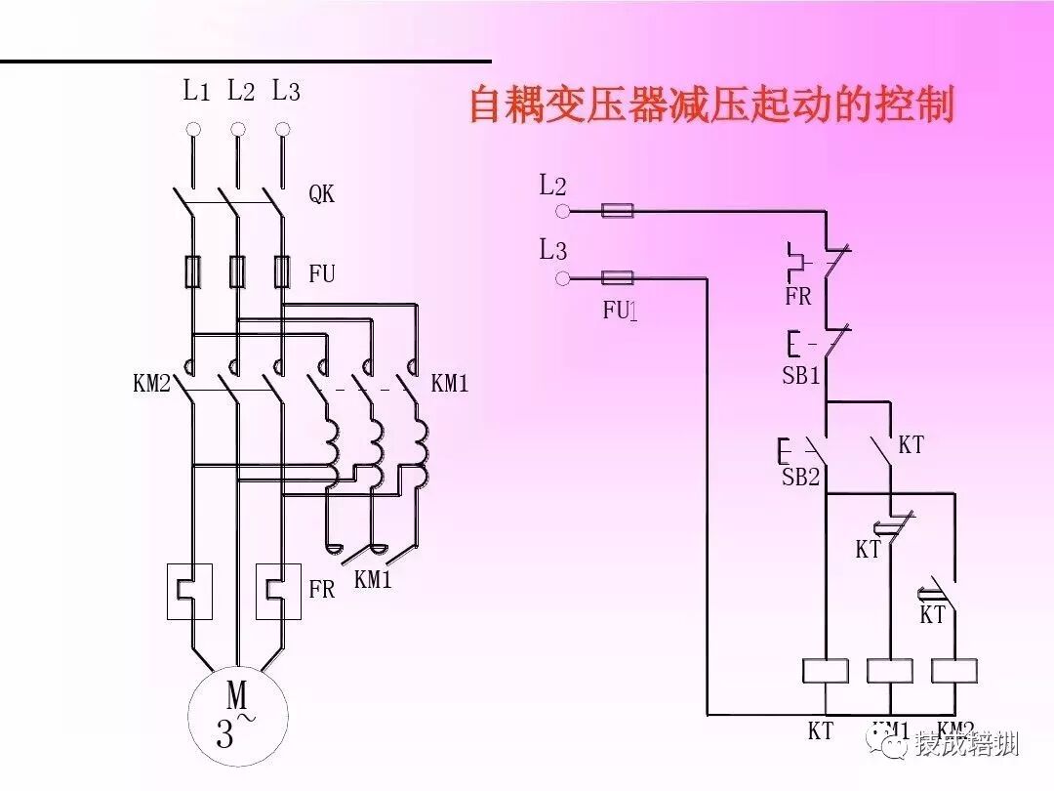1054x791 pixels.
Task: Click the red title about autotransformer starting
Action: click(711, 105)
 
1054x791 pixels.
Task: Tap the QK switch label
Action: click(321, 194)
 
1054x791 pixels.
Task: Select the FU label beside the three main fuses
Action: click(321, 274)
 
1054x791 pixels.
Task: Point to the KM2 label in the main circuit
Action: click(151, 384)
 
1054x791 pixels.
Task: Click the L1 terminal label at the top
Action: click(196, 92)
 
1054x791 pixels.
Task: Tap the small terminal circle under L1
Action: click(193, 129)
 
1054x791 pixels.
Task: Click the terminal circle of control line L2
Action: click(561, 211)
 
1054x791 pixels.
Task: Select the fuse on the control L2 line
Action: click(617, 210)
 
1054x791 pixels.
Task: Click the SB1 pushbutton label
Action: click(801, 376)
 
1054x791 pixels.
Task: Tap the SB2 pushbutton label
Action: click(799, 478)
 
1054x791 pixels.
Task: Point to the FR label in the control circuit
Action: click(797, 297)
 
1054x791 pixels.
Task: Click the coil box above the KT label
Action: click(825, 670)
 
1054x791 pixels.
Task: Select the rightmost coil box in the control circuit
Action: click(953, 670)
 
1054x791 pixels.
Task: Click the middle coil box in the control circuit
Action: click(889, 670)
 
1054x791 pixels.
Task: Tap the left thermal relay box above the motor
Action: click(190, 591)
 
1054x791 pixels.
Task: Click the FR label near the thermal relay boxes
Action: click(321, 590)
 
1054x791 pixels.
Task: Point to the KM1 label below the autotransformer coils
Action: click(372, 579)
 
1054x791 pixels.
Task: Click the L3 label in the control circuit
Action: click(552, 250)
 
